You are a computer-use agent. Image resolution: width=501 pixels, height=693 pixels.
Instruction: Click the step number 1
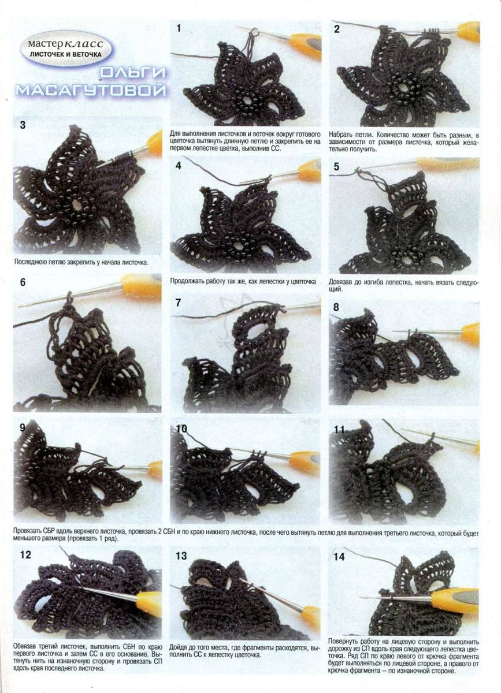tap(179, 29)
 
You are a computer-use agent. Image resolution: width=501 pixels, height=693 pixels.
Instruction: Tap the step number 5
tap(336, 167)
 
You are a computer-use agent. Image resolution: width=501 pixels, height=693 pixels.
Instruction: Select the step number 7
tap(178, 303)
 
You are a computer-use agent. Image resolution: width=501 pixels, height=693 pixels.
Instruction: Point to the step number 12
tap(25, 555)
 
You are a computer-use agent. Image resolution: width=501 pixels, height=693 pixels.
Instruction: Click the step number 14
tap(339, 557)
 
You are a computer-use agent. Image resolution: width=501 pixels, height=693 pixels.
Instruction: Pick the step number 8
tap(336, 307)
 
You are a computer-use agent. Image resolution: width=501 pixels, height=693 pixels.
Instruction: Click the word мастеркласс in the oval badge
tap(66, 44)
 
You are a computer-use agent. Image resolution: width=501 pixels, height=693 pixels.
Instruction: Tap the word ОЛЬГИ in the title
tap(133, 73)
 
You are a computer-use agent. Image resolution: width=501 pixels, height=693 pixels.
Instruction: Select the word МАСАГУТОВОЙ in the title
tap(91, 90)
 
